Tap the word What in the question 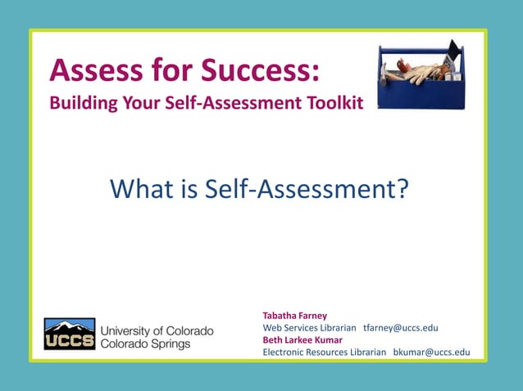click(x=139, y=190)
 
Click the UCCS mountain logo click(x=69, y=334)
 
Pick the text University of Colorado click(x=156, y=330)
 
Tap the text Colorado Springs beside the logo click(x=144, y=344)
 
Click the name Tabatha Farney click(x=294, y=315)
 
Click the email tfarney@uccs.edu click(x=400, y=327)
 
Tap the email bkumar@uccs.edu click(x=431, y=352)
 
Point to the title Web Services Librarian click(x=309, y=327)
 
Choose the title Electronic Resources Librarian click(x=324, y=352)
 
